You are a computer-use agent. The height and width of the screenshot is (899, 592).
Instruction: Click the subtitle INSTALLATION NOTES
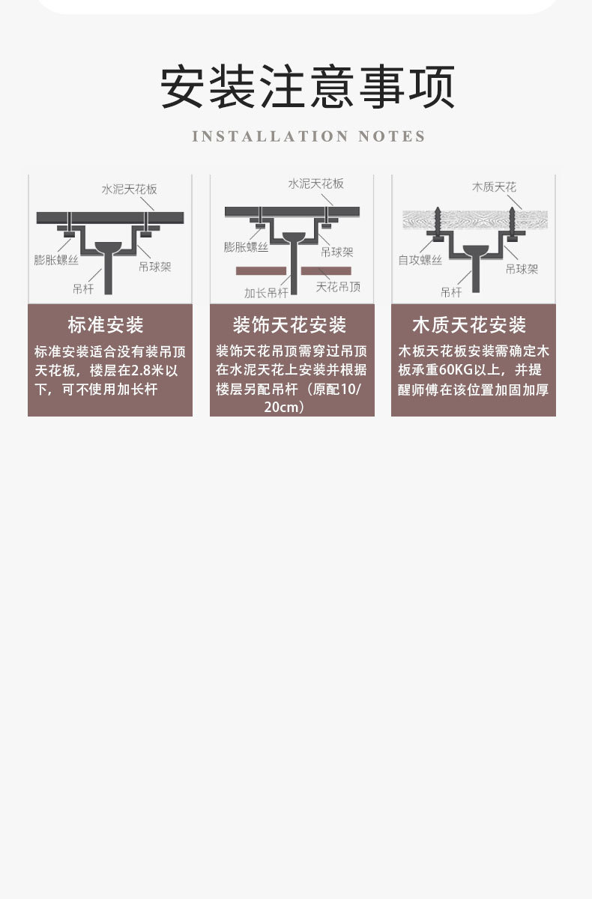[x=309, y=136]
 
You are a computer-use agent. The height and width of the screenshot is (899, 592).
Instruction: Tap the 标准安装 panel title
[x=106, y=325]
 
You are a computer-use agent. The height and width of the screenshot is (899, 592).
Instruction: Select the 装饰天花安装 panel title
[x=289, y=325]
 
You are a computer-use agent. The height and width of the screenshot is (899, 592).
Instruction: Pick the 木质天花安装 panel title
[x=469, y=325]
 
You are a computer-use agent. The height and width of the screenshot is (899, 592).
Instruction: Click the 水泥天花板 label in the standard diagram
[x=130, y=190]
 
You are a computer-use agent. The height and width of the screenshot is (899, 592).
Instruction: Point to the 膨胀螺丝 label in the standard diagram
[x=56, y=260]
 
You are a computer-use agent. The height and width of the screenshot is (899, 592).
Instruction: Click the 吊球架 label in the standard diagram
[x=154, y=266]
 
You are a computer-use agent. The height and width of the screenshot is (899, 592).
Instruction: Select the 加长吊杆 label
[x=266, y=293]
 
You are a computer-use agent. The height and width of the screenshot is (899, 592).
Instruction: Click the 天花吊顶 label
[x=338, y=287]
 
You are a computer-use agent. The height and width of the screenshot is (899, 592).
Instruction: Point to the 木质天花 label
[x=494, y=187]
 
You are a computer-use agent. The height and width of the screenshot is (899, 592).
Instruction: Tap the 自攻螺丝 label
[x=420, y=261]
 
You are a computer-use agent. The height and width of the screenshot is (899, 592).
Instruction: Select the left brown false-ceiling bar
[x=261, y=270]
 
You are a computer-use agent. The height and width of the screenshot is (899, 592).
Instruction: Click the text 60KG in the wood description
[x=453, y=370]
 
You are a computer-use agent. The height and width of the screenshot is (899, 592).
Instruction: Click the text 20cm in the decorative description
[x=284, y=408]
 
